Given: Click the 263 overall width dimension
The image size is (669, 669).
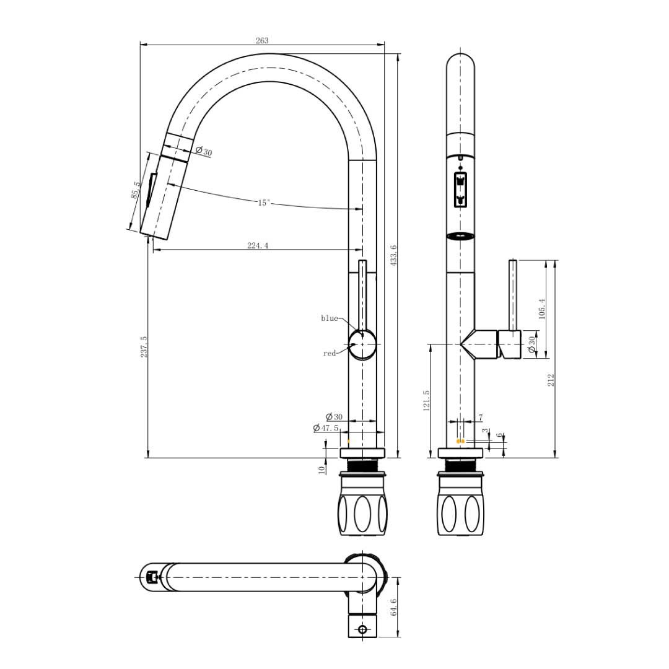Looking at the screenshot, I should (262, 40).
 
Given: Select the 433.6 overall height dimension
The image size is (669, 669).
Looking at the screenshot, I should (393, 255).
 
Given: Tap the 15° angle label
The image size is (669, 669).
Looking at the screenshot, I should (264, 203).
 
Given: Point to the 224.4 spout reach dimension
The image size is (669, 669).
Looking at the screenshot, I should (258, 246).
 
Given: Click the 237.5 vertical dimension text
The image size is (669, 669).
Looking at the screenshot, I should (144, 347).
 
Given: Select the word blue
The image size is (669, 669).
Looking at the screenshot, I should (329, 318).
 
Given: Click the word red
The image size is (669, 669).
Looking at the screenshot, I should (329, 354).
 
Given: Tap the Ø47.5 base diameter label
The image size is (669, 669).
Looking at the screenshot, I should (326, 428).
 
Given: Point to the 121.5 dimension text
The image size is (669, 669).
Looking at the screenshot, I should (426, 401).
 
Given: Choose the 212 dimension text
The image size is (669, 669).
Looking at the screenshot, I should (551, 380).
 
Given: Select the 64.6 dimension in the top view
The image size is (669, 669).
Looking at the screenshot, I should (393, 607).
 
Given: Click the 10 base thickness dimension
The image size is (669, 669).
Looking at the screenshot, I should (322, 469).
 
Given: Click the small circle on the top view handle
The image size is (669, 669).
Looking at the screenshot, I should (362, 629).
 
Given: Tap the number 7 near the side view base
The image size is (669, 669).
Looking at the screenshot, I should (481, 418).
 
